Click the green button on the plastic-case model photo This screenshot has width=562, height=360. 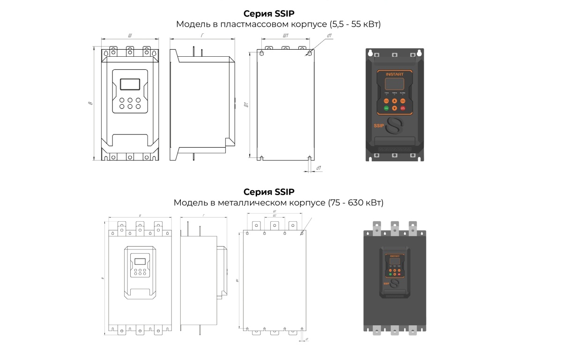click(x=386, y=109)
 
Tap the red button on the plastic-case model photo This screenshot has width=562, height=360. click(x=402, y=109)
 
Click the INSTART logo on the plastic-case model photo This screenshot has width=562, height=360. click(x=394, y=74)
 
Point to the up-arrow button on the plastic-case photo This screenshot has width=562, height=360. click(x=394, y=101)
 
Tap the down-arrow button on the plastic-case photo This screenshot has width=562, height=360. click(x=394, y=109)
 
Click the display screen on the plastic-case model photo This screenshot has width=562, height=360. click(x=394, y=84)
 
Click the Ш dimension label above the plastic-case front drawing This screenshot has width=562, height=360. click(x=130, y=36)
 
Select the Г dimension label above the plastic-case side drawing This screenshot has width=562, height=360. click(x=202, y=36)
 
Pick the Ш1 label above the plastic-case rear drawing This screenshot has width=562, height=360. click(x=285, y=36)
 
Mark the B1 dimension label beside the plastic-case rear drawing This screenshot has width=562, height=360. click(x=245, y=105)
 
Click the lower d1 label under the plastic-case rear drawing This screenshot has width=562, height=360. click(x=318, y=167)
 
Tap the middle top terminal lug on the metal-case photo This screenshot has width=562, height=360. click(x=395, y=227)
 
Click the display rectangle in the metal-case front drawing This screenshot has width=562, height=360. click(x=139, y=262)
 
